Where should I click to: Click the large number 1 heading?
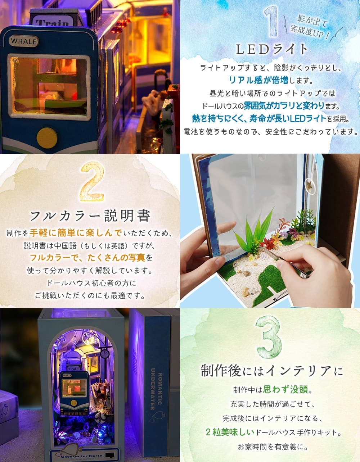270,22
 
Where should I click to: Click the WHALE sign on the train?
24,41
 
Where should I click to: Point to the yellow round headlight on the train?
47,137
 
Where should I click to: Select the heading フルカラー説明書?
90,216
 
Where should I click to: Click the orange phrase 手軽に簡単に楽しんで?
76,232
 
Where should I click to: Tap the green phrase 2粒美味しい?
230,432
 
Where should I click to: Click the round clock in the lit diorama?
105,354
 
